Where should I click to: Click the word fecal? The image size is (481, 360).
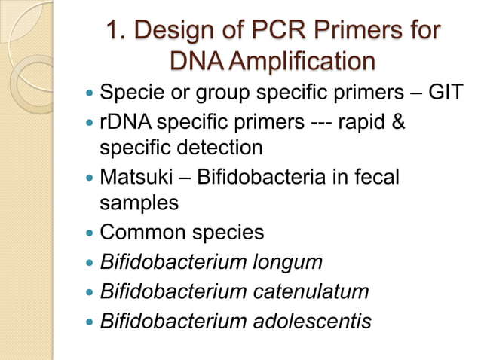pos(375,175)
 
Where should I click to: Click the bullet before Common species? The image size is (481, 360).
pos(90,233)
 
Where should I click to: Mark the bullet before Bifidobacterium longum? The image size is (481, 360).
pos(90,262)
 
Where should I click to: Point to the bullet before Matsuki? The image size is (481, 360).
pos(90,176)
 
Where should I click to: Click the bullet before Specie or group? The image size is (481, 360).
pos(90,95)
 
